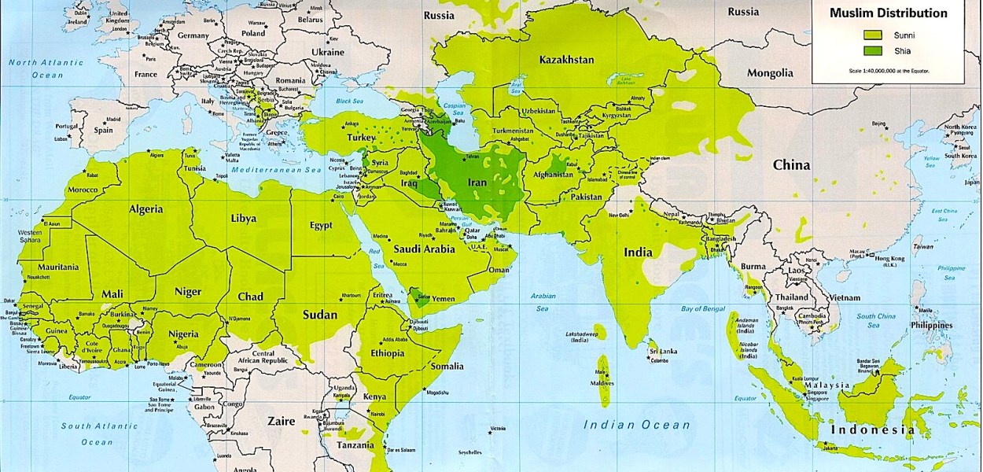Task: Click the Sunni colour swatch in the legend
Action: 874,35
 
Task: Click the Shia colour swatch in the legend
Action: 874,52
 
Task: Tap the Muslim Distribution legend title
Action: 889,13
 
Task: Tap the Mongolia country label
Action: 770,73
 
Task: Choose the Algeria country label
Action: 141,209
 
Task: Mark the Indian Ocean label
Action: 636,425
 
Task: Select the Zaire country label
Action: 280,421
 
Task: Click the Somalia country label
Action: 447,366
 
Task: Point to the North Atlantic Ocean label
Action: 46,68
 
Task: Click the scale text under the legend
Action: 889,71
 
